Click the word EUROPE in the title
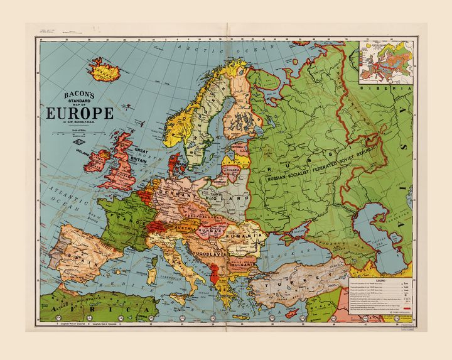tap(79, 114)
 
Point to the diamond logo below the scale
tap(80, 148)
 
